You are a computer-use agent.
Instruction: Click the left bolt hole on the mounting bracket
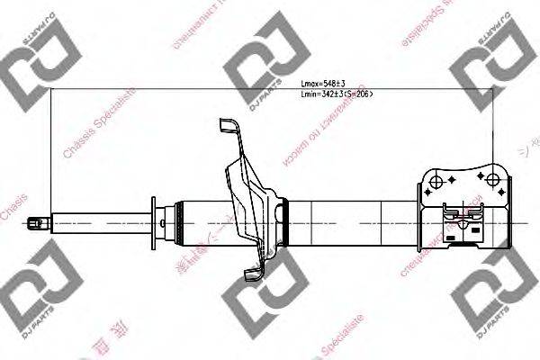[437, 182]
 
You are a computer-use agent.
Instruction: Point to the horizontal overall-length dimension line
[270, 90]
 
